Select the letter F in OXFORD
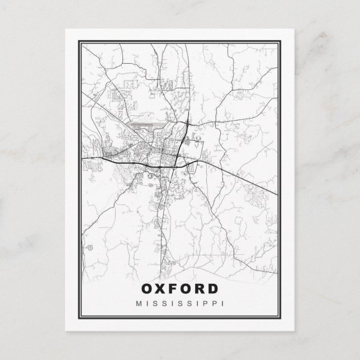[x=174, y=290]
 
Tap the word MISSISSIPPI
[x=180, y=304]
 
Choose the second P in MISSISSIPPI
[x=215, y=304]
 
